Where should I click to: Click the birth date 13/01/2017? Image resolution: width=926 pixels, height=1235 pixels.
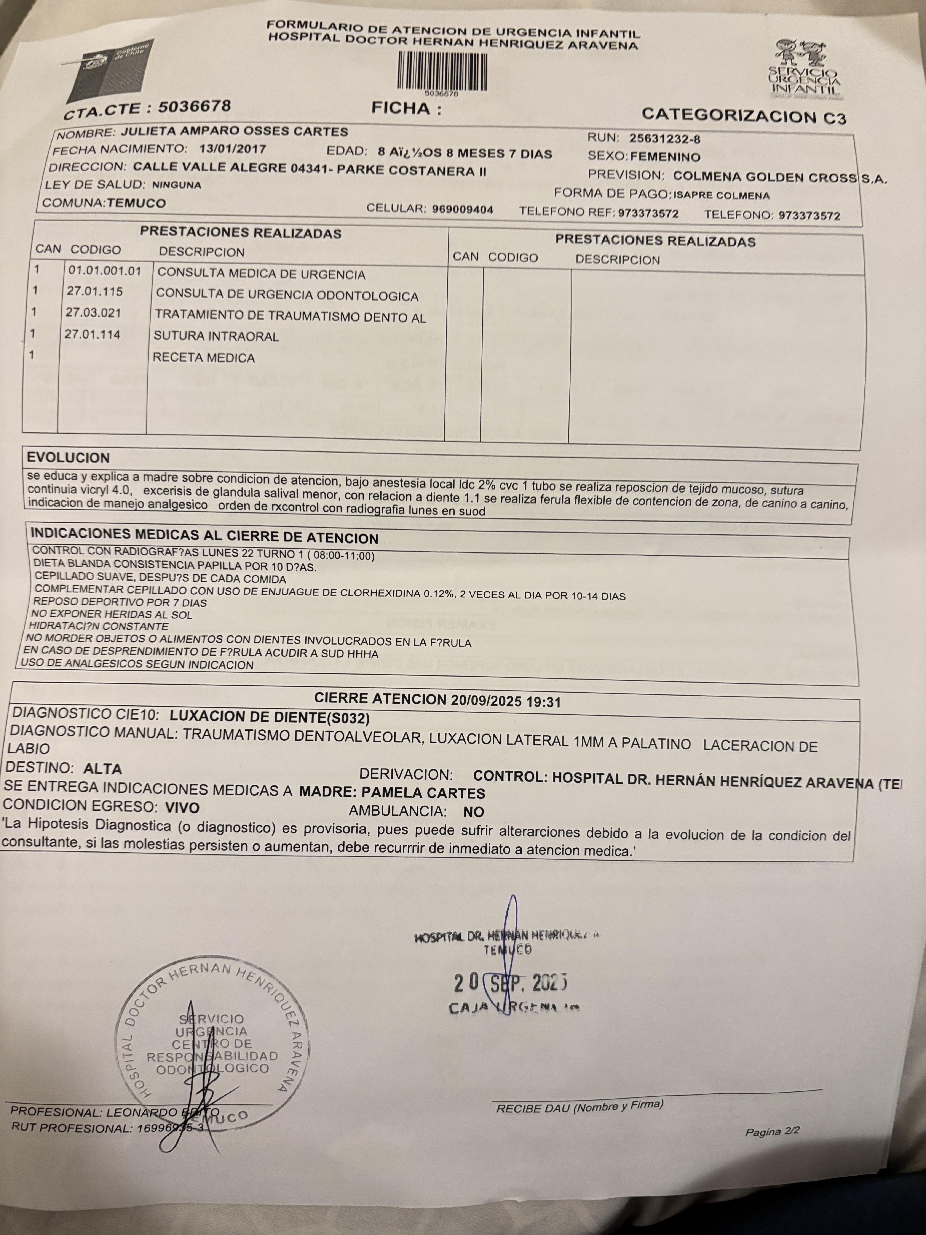click(232, 149)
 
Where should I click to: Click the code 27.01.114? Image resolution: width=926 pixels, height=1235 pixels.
click(93, 334)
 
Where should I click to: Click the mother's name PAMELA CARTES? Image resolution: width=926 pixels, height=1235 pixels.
click(423, 793)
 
